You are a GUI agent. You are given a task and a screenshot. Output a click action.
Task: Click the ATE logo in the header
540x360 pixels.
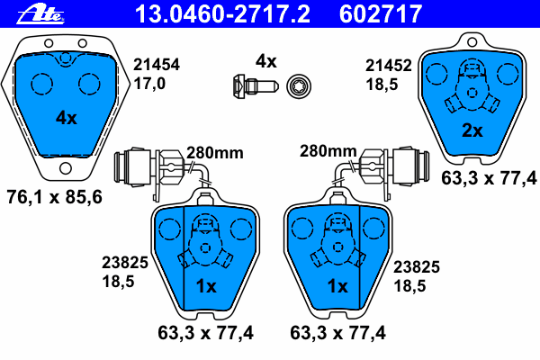tap(40, 14)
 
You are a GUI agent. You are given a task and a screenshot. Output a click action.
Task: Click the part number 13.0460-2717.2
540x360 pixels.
tap(222, 13)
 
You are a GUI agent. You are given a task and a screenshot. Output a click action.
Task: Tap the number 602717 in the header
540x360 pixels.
tap(381, 13)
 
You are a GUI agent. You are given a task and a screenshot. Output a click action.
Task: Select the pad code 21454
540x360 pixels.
tap(157, 65)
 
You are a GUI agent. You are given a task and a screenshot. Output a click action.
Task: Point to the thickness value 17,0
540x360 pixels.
tap(149, 84)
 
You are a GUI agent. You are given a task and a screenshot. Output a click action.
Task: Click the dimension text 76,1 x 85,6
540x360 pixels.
tap(55, 197)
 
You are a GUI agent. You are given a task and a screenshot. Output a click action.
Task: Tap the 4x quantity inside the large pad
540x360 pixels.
tap(67, 118)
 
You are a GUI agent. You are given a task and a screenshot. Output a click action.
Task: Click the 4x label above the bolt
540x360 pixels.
tap(265, 61)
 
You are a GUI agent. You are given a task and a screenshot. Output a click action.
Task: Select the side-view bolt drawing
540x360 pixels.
tap(256, 85)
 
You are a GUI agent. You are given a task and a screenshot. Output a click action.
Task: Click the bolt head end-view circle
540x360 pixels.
tap(299, 85)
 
